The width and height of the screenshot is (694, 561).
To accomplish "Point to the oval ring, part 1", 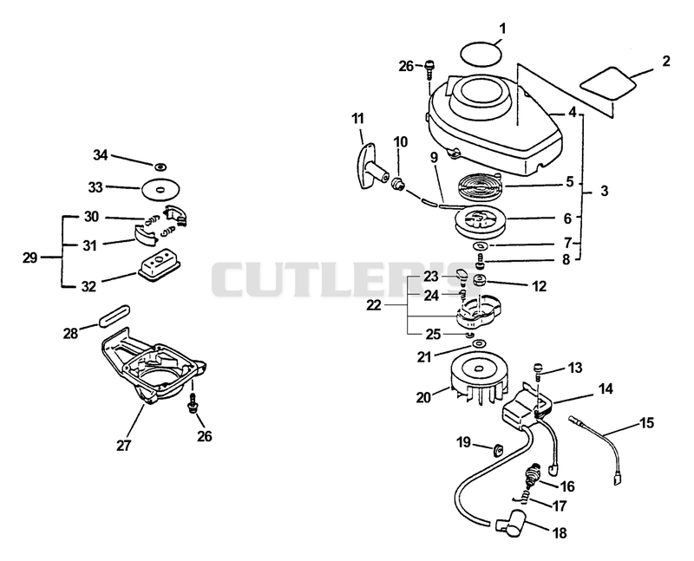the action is [481, 55].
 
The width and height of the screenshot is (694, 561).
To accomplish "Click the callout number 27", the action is [123, 445].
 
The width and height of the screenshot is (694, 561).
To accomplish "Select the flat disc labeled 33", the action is [161, 190].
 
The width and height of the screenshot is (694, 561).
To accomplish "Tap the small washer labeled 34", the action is [160, 166].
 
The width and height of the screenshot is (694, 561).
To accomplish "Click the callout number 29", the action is [30, 258].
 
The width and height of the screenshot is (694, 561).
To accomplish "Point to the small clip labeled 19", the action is [498, 449].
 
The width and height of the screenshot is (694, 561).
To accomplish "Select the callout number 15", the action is [646, 422].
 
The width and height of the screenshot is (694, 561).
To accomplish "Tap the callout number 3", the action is [604, 191].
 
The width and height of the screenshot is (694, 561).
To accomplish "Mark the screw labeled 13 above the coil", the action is [539, 370].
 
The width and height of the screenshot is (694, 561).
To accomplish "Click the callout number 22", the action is [374, 305].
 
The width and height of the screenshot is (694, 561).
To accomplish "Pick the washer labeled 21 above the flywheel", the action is [479, 343].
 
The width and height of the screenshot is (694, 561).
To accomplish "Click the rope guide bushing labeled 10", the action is [398, 183].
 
